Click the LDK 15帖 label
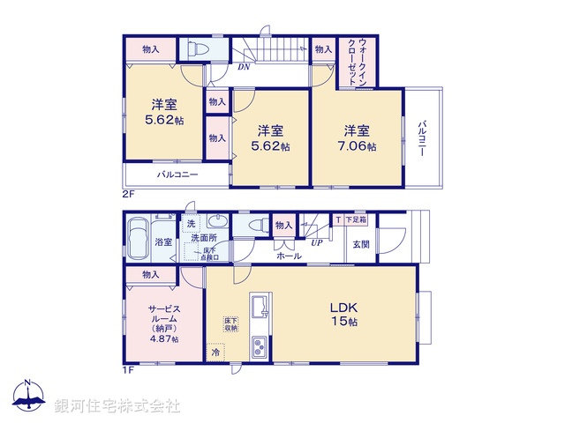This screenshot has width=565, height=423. pyautogui.click(x=344, y=315)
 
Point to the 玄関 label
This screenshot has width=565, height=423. pyautogui.click(x=361, y=244)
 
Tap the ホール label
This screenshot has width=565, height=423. pyautogui.click(x=289, y=256)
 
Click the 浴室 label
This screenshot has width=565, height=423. pyautogui.click(x=164, y=242)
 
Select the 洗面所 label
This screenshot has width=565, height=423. pyautogui.click(x=202, y=239)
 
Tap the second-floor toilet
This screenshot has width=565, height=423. pyautogui.click(x=197, y=48)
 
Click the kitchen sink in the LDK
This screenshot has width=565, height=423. pyautogui.click(x=261, y=308)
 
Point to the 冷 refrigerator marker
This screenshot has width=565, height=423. pyautogui.click(x=216, y=352)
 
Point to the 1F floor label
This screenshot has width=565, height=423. pyautogui.click(x=129, y=369)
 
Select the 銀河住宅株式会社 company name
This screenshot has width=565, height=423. pyautogui.click(x=117, y=406)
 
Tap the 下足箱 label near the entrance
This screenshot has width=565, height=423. pyautogui.click(x=355, y=219)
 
